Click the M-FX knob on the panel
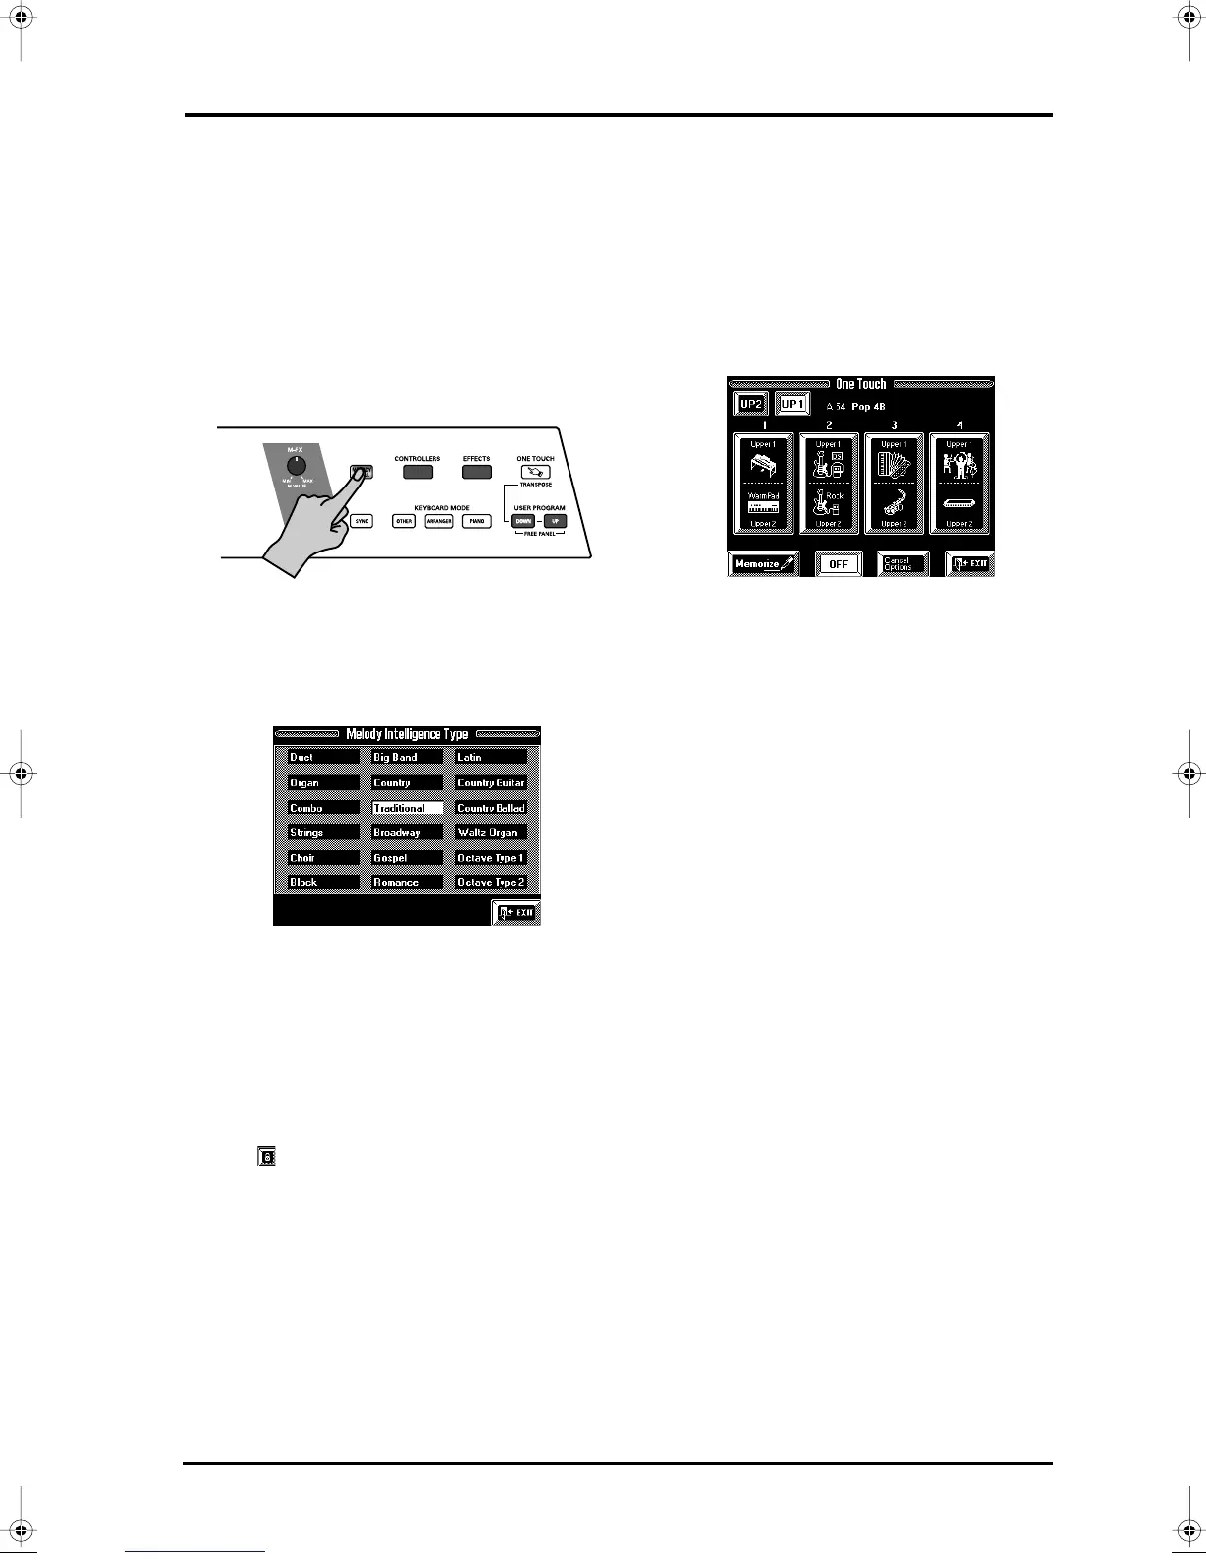click(x=295, y=467)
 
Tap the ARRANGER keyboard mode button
click(x=438, y=521)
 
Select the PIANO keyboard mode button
click(x=476, y=521)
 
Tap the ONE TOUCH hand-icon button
click(x=535, y=473)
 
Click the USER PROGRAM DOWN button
click(x=522, y=521)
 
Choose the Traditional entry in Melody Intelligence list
click(x=407, y=808)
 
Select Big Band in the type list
click(x=407, y=757)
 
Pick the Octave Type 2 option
click(x=491, y=882)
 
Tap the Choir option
click(x=322, y=858)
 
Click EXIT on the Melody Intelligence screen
click(x=516, y=913)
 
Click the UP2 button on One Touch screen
click(x=751, y=404)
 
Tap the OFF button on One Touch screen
click(x=838, y=564)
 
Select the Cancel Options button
click(x=903, y=564)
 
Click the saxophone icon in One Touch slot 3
click(x=894, y=503)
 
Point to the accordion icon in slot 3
click(x=894, y=464)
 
